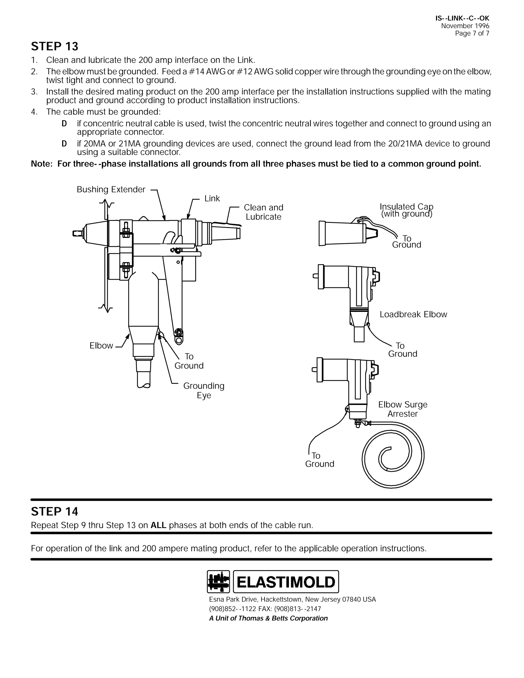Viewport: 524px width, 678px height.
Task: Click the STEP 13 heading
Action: click(55, 46)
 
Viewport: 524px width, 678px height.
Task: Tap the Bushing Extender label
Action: click(111, 189)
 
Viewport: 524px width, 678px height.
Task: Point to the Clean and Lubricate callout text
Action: click(264, 212)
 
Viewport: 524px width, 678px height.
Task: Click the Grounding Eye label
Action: click(204, 390)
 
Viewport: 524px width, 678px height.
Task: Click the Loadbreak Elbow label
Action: click(413, 314)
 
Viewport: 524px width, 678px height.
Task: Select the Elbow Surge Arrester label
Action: click(403, 409)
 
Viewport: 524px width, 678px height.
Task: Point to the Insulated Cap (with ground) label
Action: click(406, 210)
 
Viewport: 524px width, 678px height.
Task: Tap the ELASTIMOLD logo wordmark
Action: click(286, 582)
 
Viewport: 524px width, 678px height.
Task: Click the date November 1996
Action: click(465, 26)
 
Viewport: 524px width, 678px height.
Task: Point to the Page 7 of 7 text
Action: click(472, 34)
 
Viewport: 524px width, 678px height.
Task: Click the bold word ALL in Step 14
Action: click(158, 525)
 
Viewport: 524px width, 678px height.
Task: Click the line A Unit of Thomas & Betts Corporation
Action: click(268, 618)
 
